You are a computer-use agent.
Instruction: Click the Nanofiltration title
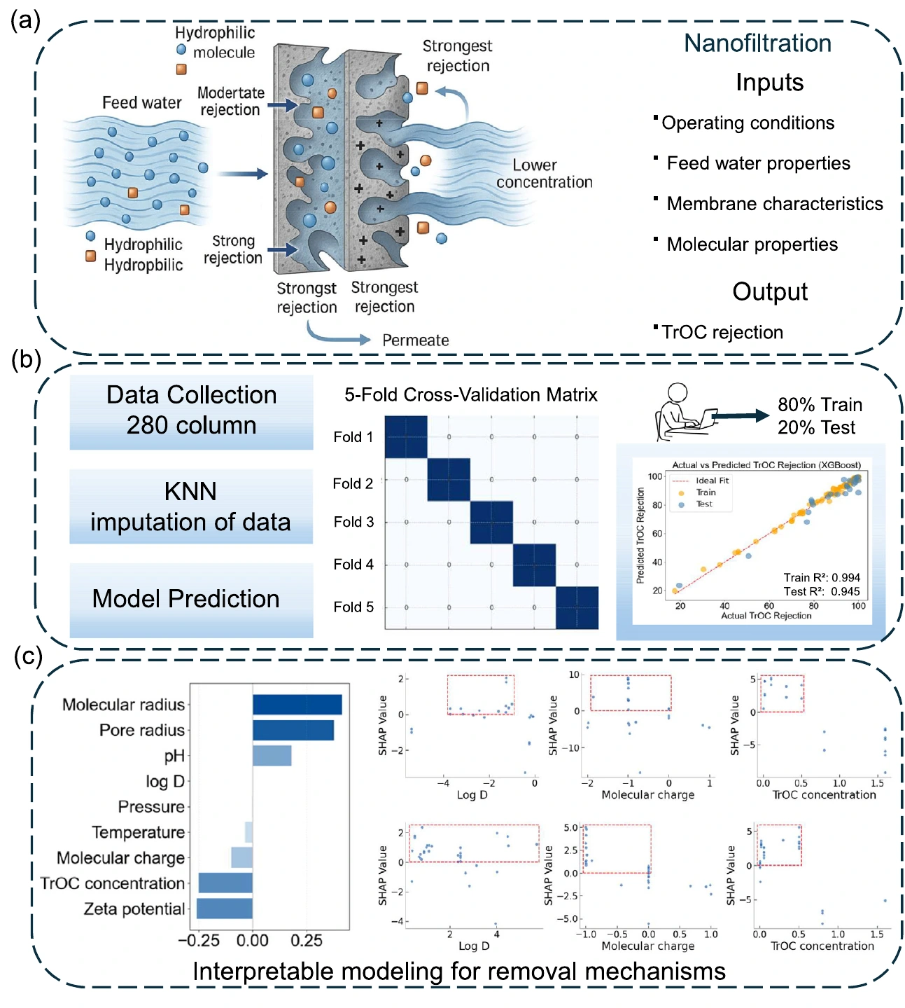point(757,43)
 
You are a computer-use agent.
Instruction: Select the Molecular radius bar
point(297,704)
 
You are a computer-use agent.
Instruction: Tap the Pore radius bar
point(293,730)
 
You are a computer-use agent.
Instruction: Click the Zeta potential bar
point(224,908)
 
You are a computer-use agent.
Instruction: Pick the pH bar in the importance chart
point(272,755)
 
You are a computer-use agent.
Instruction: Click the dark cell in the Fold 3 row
point(491,523)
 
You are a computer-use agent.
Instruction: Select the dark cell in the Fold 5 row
point(577,607)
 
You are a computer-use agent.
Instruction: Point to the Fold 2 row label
point(353,483)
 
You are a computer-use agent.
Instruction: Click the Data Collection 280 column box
point(192,412)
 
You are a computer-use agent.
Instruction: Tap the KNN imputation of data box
point(192,506)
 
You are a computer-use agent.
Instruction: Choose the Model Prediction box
point(192,600)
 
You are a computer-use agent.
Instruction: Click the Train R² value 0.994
point(846,578)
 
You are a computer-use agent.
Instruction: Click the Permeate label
point(415,340)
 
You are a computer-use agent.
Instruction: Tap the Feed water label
point(141,102)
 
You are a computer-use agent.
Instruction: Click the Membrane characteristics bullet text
point(774,203)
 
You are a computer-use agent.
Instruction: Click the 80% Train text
point(820,404)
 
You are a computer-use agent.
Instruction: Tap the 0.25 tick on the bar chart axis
point(307,940)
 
